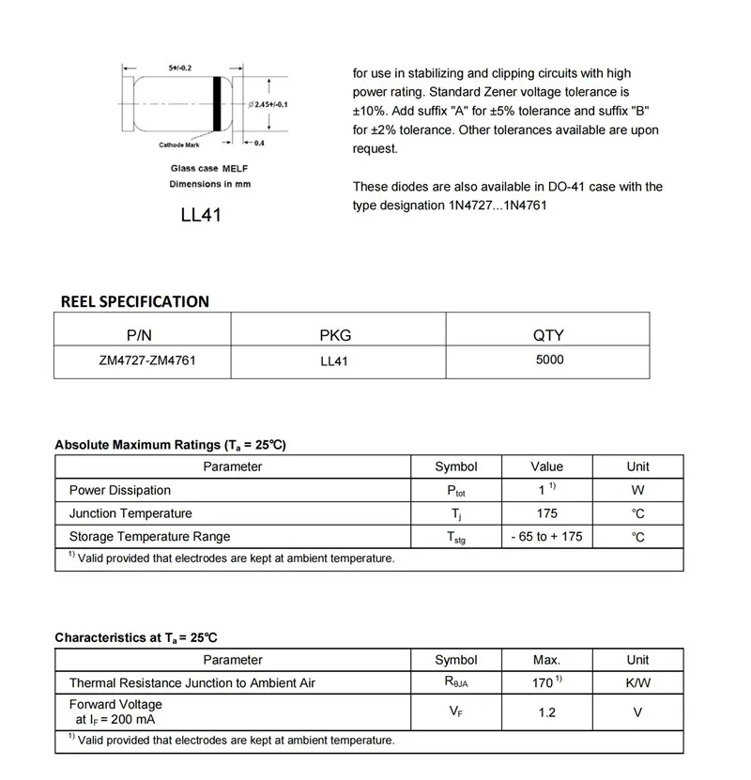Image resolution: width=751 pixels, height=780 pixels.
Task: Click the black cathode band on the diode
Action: [218, 103]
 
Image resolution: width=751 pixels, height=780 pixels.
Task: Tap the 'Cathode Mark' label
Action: [178, 145]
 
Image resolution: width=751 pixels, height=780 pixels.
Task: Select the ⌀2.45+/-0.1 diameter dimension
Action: [267, 104]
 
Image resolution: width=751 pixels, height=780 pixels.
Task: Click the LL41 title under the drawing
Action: [201, 215]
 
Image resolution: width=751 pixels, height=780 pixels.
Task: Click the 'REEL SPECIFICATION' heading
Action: [134, 301]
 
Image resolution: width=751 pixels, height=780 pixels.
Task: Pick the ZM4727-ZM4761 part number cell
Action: [142, 360]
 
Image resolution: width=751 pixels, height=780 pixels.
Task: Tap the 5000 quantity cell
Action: [549, 359]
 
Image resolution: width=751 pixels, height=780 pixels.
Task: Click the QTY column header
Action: [548, 335]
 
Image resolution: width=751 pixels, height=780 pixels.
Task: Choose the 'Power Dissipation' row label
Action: [120, 490]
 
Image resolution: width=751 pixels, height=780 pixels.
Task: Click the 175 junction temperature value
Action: [546, 513]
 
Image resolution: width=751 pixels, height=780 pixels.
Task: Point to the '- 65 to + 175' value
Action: [546, 537]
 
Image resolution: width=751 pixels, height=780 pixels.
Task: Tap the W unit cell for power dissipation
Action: [637, 490]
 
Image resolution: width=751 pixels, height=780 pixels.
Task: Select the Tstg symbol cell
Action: [455, 538]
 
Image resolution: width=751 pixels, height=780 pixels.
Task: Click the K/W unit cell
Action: [637, 683]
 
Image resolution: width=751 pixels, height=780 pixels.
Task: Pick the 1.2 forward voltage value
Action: [546, 712]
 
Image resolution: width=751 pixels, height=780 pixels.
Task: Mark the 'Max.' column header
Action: [546, 660]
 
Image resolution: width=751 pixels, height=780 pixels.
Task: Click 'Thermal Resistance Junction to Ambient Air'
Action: [192, 683]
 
